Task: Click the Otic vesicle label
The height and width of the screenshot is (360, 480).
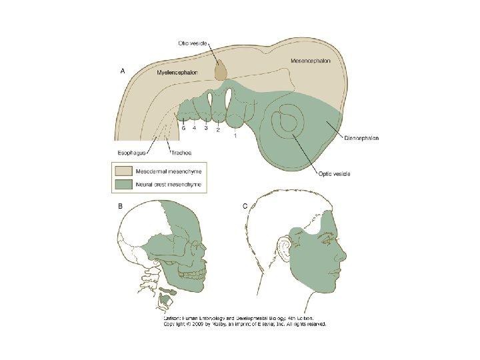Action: pos(193,41)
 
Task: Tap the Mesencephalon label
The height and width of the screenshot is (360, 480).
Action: pos(310,61)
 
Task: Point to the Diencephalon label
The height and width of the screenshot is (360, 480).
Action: pos(362,139)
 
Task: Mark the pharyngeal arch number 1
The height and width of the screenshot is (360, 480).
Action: pos(234,136)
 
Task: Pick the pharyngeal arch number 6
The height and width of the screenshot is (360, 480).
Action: pos(183,127)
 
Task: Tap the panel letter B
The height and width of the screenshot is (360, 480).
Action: pos(120,206)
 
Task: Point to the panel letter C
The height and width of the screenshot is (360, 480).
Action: pos(245,206)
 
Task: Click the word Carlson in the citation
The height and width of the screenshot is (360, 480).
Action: pos(174,318)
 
